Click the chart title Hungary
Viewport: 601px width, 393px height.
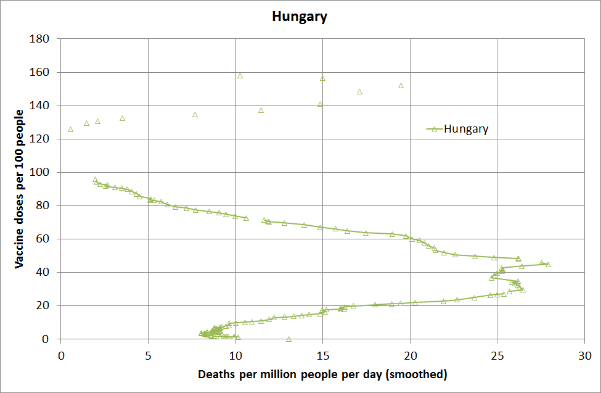(300, 17)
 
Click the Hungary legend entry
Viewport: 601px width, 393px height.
(465, 129)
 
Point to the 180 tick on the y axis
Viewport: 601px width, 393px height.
(44, 39)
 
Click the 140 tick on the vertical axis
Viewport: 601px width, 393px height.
(44, 105)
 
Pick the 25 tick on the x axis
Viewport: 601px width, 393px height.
(497, 356)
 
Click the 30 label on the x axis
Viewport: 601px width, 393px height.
(585, 356)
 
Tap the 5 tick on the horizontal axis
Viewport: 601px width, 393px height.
(148, 356)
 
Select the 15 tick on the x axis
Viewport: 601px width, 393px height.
(322, 356)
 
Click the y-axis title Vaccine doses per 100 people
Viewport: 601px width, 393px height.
(19, 188)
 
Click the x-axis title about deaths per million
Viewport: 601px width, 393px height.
(322, 374)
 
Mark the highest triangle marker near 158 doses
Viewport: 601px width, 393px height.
(240, 76)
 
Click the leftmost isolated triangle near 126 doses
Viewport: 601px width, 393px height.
(70, 130)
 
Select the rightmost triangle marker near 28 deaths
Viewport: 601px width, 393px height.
(548, 264)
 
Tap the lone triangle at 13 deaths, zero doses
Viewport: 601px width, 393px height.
(288, 339)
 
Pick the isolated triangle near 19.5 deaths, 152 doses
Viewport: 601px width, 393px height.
(401, 86)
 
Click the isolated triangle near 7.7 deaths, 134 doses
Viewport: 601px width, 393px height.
(195, 115)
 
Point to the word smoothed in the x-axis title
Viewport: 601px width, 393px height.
(417, 374)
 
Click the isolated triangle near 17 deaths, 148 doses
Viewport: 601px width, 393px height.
(359, 92)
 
